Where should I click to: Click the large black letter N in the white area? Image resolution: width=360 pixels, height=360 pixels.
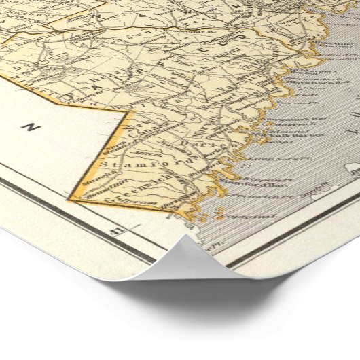(29, 126)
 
